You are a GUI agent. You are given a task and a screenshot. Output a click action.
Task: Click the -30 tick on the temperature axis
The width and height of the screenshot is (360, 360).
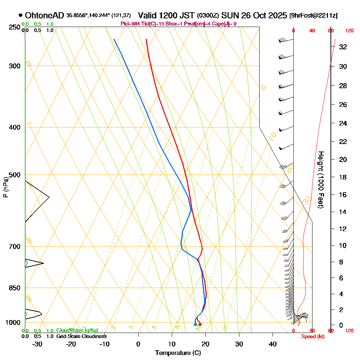(37, 344)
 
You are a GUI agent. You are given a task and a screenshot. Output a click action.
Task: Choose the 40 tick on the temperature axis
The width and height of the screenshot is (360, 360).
(273, 344)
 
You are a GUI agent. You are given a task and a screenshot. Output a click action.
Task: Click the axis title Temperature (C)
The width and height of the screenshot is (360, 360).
(178, 353)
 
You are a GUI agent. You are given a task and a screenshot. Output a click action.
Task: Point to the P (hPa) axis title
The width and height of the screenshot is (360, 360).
(5, 187)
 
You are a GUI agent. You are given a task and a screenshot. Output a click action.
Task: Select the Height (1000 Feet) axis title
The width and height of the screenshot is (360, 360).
(320, 179)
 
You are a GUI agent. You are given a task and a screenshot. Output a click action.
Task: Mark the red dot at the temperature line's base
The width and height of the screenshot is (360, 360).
(200, 324)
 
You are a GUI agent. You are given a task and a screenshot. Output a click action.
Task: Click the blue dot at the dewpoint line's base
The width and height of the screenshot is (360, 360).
(195, 324)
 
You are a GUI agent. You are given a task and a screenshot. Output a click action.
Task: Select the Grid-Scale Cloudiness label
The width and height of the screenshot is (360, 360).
(81, 336)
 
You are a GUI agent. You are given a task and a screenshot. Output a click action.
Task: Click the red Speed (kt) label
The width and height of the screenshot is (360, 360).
(312, 336)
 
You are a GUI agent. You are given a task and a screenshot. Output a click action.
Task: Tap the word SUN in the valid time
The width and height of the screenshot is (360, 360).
(228, 15)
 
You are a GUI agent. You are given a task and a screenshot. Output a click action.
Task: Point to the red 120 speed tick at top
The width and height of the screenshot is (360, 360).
(349, 31)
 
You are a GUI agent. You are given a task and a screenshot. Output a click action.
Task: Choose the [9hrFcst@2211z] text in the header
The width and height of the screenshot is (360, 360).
(313, 15)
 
